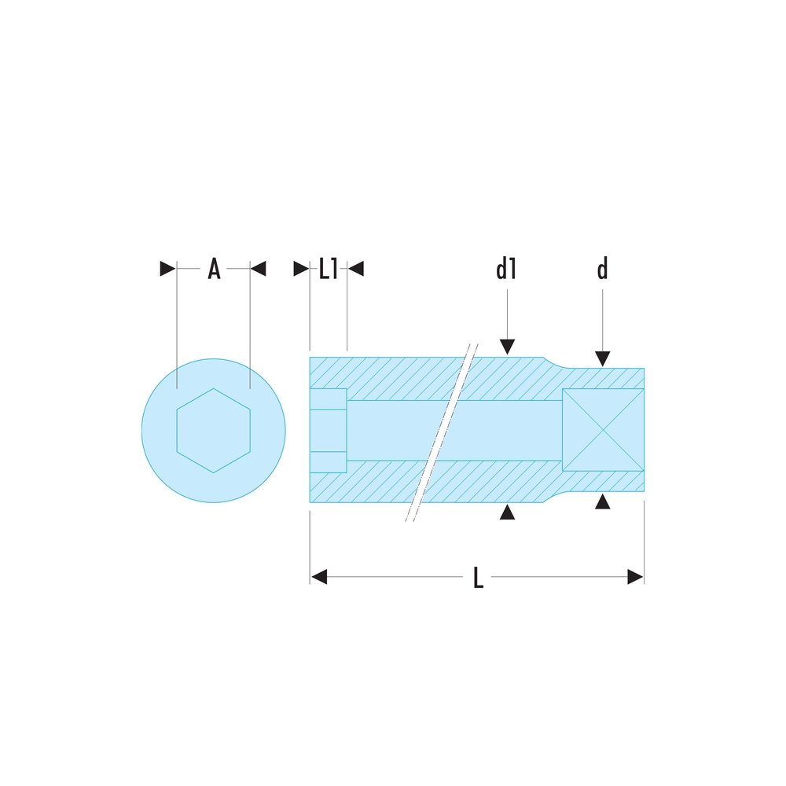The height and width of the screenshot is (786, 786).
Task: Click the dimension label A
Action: pyautogui.click(x=214, y=269)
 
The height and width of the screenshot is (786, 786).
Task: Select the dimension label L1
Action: pyautogui.click(x=329, y=269)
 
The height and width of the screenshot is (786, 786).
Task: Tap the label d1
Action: pyautogui.click(x=506, y=269)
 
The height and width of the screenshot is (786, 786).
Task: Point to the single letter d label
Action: pyautogui.click(x=603, y=269)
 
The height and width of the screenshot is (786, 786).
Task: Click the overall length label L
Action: pyautogui.click(x=478, y=577)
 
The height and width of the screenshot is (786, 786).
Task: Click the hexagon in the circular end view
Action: pyautogui.click(x=214, y=431)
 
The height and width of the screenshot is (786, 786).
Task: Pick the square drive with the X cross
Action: pyautogui.click(x=603, y=430)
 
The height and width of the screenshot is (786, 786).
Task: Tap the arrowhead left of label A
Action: pyautogui.click(x=168, y=269)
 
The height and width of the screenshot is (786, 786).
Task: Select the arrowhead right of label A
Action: pyautogui.click(x=258, y=269)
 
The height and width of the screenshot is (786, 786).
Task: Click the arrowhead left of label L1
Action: pyautogui.click(x=301, y=269)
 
